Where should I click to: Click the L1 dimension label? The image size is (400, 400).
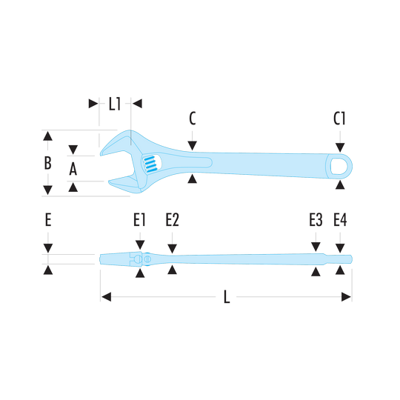point(115,104)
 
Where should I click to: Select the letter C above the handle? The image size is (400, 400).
point(193,119)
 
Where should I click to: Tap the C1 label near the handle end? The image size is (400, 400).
point(339,119)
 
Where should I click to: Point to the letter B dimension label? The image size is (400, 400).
point(47,163)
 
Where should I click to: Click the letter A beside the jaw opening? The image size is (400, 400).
point(73,169)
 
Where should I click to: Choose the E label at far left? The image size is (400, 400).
point(48,220)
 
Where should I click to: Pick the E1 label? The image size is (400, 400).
point(139,220)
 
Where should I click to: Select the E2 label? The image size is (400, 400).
point(172,220)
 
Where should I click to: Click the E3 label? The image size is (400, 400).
point(316,220)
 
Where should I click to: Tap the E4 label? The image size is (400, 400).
point(340,220)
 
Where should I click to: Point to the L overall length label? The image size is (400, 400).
point(227,297)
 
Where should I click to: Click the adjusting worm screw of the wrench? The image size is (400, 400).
point(150,164)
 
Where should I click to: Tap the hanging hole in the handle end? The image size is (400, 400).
point(339,167)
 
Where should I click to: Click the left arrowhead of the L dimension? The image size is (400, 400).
point(107,297)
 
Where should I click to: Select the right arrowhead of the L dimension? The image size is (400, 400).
point(346,297)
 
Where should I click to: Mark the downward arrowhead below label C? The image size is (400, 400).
point(193,145)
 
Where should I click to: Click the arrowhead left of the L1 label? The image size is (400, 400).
point(93,104)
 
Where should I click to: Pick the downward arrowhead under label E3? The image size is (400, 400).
point(316,247)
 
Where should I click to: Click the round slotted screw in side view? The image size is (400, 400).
point(147,259)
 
